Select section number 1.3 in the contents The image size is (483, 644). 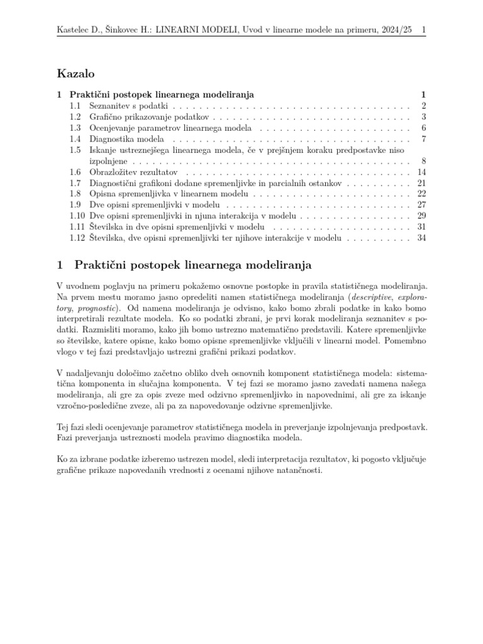pos(75,128)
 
